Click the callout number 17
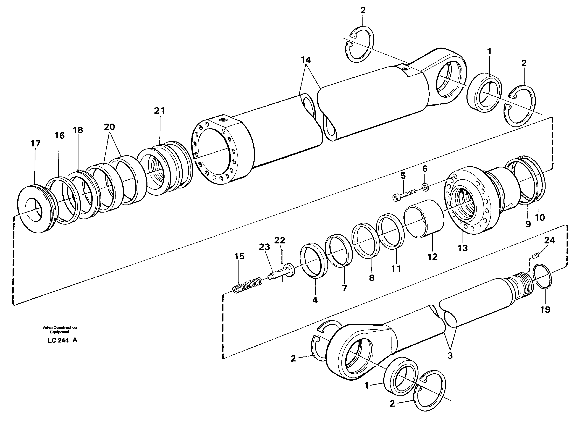[35, 144]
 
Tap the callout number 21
[159, 111]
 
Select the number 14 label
[305, 60]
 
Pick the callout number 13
[463, 248]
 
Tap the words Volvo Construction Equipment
[60, 330]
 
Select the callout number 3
[450, 355]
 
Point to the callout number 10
[540, 217]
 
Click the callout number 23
[264, 247]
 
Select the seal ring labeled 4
[314, 261]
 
